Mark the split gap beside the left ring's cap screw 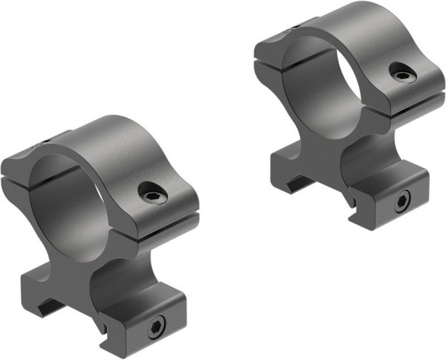coord(167,224)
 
